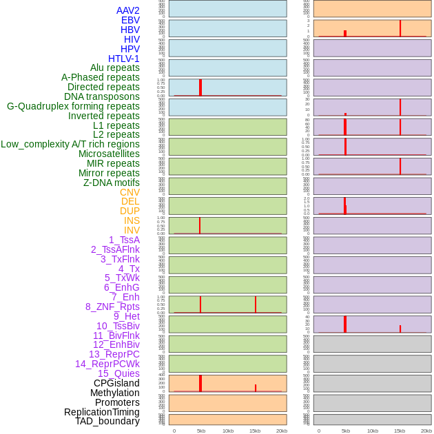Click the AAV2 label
tap(127, 10)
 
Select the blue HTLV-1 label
tap(123, 59)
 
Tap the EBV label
tap(130, 20)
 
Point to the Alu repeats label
tap(115, 68)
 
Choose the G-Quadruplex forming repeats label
tap(73, 106)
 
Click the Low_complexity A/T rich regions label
tap(70, 144)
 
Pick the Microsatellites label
tap(109, 154)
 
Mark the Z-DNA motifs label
tap(111, 183)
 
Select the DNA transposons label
tap(102, 96)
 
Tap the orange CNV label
tap(130, 192)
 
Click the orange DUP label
tap(130, 211)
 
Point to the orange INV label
tap(132, 230)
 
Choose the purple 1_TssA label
tap(124, 240)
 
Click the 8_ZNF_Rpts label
tap(112, 307)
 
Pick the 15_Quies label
tap(118, 373)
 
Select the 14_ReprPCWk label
tap(107, 364)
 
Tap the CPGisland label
tap(116, 383)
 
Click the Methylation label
tap(115, 393)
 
